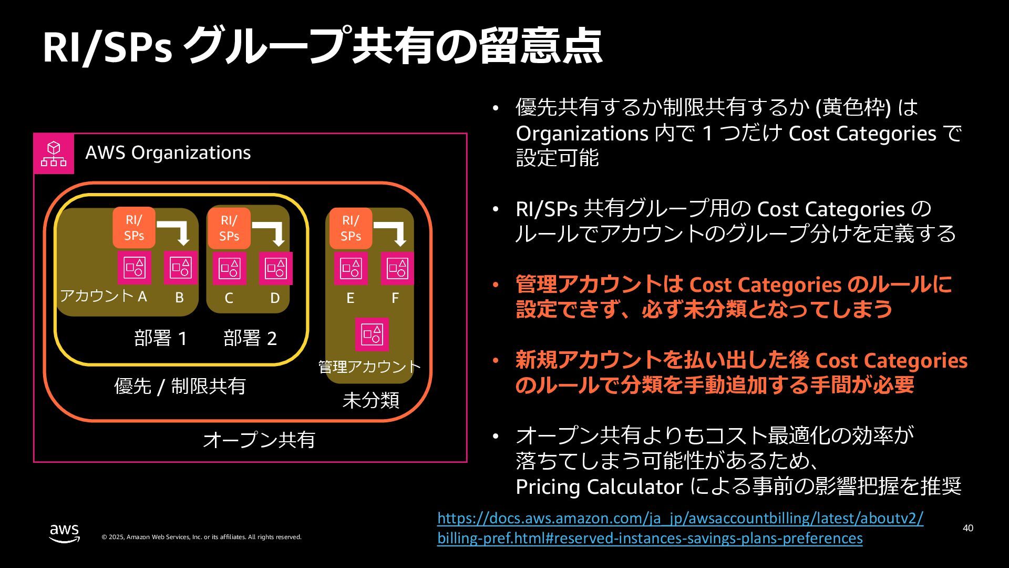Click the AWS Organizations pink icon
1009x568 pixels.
click(54, 154)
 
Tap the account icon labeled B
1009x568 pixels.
click(181, 268)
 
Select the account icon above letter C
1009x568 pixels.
click(230, 268)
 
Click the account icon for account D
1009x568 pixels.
click(276, 268)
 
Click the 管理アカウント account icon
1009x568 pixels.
click(372, 334)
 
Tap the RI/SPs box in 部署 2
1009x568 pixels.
click(229, 228)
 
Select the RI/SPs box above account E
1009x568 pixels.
click(351, 228)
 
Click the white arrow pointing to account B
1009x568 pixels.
click(177, 232)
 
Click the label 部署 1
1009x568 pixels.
click(161, 338)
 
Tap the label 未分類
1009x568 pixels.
click(370, 400)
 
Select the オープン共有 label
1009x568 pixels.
click(259, 440)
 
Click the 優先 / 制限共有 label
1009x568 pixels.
click(180, 386)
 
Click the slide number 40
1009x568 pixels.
click(968, 528)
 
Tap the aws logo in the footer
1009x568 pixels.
click(65, 533)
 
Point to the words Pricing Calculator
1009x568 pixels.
click(599, 486)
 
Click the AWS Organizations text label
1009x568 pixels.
click(168, 153)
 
